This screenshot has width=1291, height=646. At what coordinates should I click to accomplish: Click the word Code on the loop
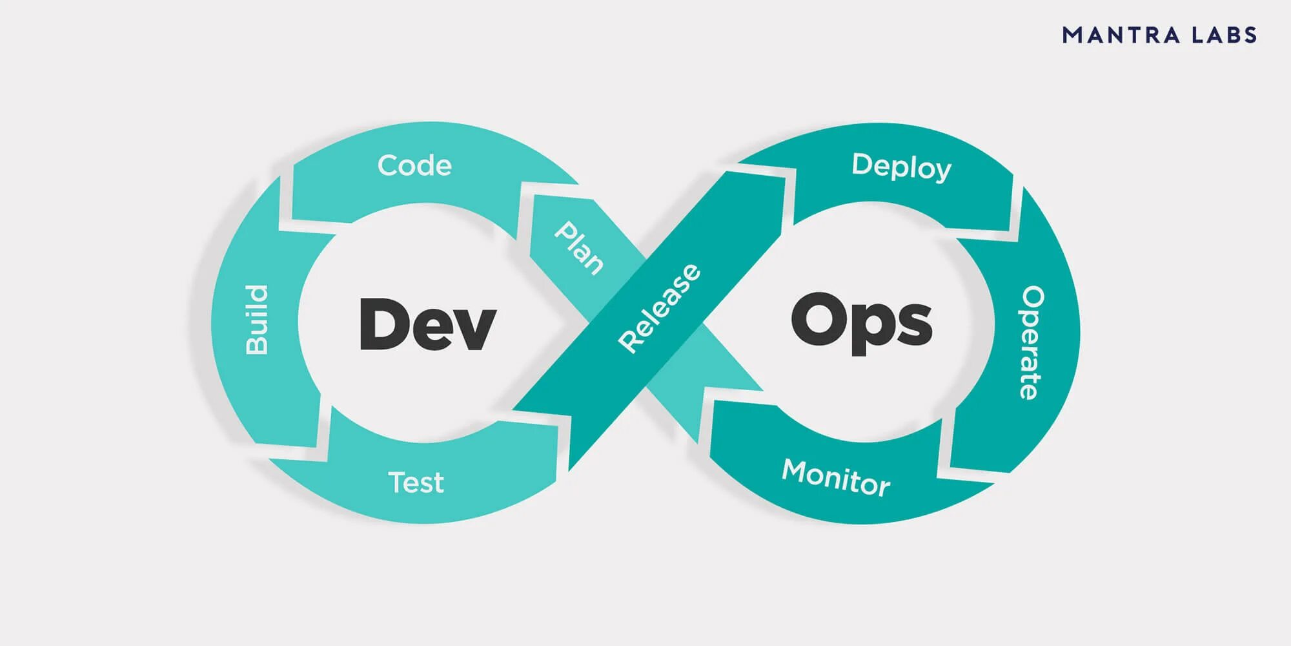pos(414,165)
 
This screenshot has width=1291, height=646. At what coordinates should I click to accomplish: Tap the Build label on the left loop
pos(257,320)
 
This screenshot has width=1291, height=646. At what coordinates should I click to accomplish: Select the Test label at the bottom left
pos(416,483)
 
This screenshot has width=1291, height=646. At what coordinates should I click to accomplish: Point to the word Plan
pos(579,248)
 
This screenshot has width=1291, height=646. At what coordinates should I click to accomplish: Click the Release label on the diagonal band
pos(659,308)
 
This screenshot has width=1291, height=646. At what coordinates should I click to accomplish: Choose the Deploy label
pos(901,167)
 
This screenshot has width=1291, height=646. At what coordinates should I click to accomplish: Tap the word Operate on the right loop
pos(1032,342)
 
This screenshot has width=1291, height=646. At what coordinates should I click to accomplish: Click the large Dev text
pos(427,324)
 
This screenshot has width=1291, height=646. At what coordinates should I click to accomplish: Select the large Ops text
pos(862,321)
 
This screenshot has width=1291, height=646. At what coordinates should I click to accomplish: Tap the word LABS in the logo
pos(1225,35)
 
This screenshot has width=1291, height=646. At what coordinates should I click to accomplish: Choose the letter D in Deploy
pos(862,164)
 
